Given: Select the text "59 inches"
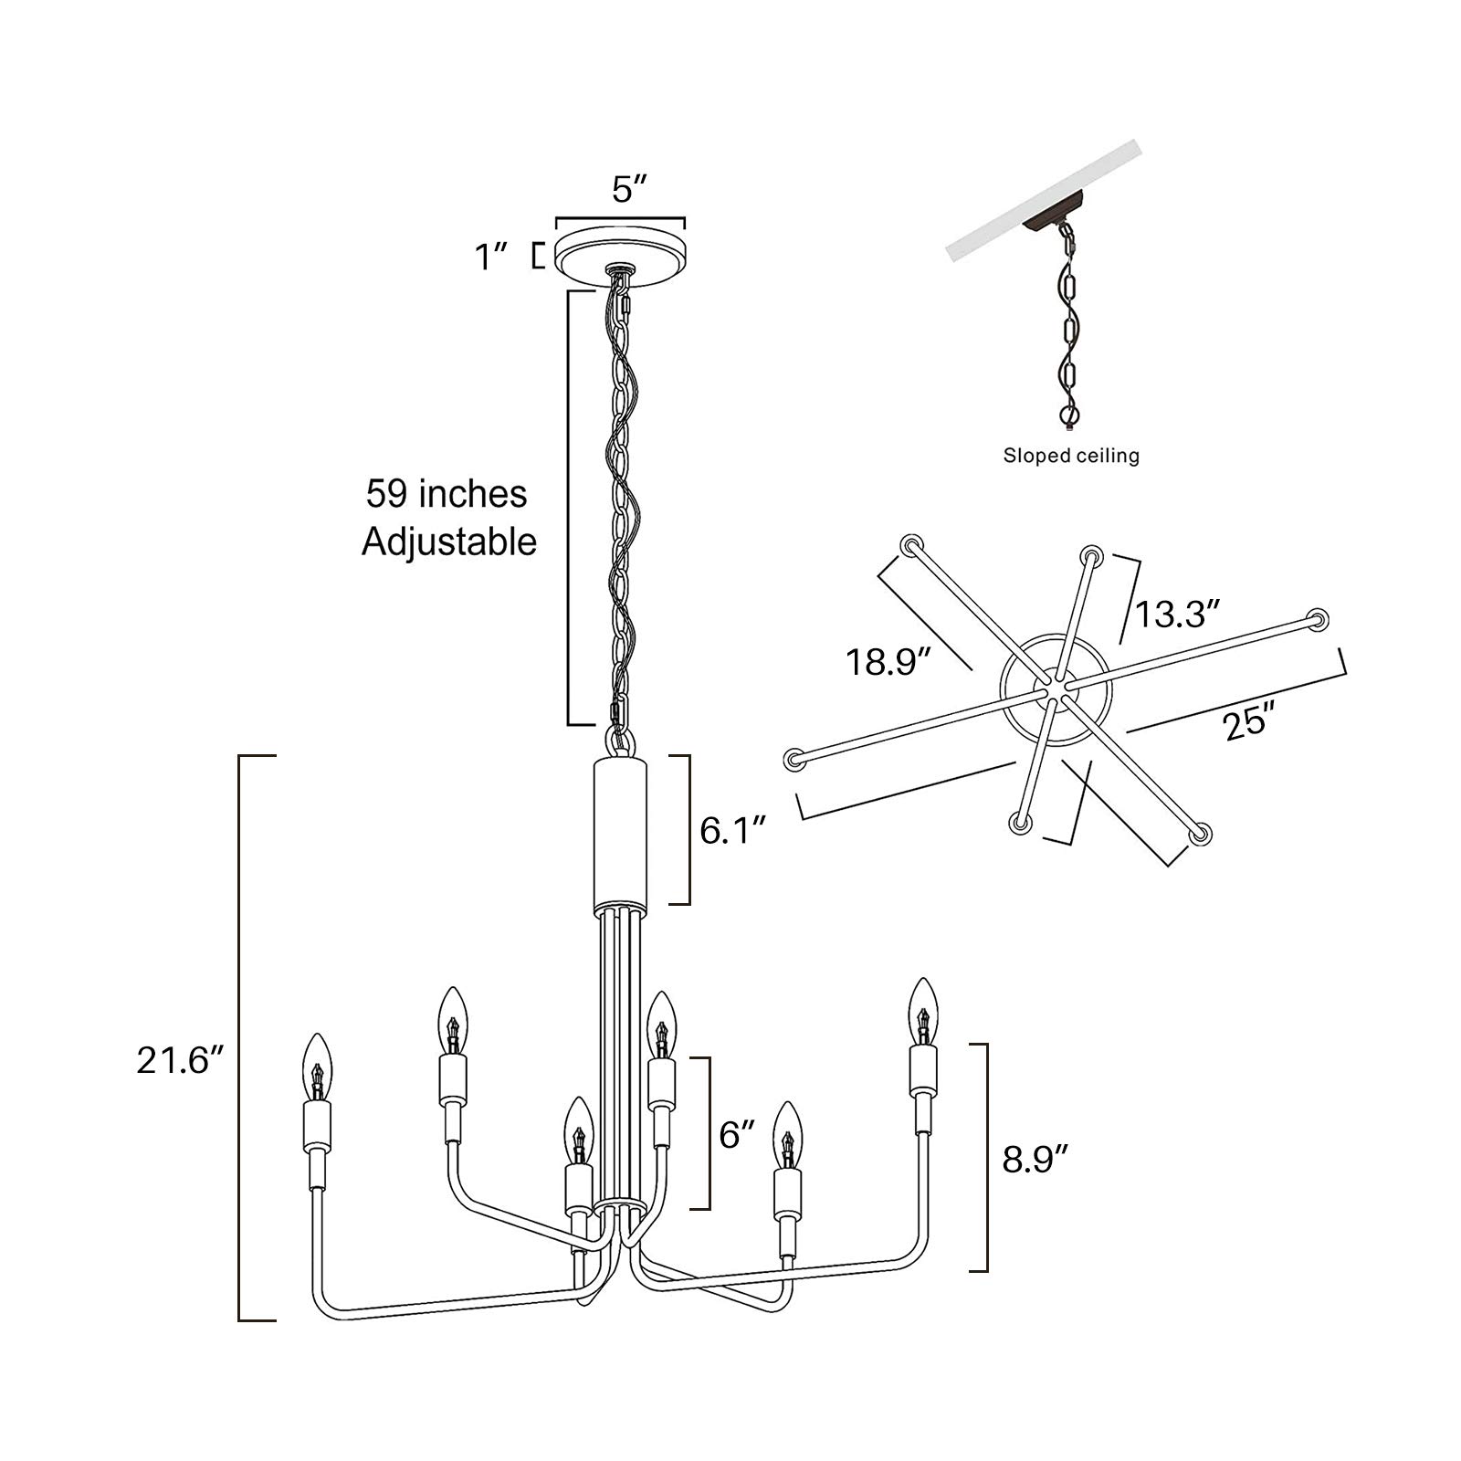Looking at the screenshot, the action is [x=447, y=494].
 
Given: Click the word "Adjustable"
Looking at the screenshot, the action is [x=448, y=541].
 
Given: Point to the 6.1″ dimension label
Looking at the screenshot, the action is [x=732, y=830].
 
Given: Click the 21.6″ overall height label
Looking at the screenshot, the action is [x=180, y=1060].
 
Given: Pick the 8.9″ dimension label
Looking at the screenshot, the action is [x=1035, y=1159].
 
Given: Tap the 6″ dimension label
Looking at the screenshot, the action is [x=737, y=1134].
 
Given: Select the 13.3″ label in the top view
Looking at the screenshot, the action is [x=1177, y=614].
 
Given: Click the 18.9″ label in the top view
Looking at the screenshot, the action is [x=888, y=660].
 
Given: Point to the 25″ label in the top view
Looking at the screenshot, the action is [x=1247, y=722].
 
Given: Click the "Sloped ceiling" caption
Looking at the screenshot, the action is [x=1071, y=455].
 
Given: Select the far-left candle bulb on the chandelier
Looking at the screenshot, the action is [x=316, y=1067].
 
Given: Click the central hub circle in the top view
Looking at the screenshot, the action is [x=1056, y=691].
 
